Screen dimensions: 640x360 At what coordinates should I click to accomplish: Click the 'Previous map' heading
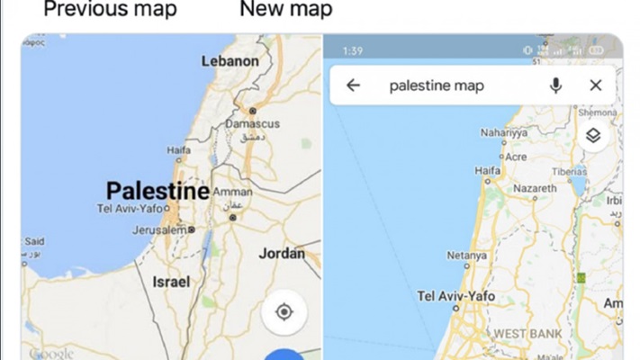111,11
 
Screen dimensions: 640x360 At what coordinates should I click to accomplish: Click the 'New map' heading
285,11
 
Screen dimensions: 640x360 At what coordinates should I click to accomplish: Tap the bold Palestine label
158,191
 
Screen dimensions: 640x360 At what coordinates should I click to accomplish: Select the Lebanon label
230,61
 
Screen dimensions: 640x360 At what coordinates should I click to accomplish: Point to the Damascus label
252,123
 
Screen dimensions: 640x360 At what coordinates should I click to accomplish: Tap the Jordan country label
282,254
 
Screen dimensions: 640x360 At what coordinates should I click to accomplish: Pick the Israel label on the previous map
170,281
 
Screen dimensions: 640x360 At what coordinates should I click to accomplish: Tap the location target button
284,312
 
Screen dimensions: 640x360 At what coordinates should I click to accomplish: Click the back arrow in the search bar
353,85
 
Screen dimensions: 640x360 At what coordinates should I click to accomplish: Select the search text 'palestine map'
437,85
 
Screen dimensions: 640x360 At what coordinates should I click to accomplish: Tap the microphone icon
556,85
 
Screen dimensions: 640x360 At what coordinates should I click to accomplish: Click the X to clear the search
595,85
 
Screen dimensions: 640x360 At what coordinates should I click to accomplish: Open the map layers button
594,136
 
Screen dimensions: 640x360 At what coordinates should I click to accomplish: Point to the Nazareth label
534,188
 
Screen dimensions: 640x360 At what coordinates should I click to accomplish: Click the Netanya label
467,256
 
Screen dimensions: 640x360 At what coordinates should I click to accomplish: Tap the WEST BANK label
527,334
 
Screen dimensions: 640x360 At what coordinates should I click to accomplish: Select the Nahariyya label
504,132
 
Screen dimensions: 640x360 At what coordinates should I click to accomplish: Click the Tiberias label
569,171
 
